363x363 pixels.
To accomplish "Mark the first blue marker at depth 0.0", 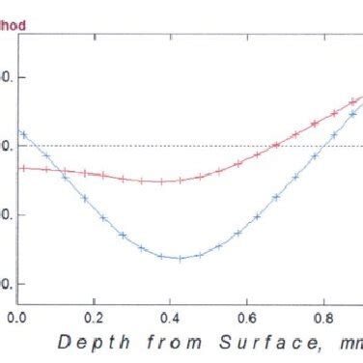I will [22, 133].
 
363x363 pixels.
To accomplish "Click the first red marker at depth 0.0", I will [22, 168].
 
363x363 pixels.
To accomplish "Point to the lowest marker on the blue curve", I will [179, 258].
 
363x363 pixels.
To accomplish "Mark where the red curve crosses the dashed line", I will [273, 146].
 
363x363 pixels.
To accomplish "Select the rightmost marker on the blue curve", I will [352, 114].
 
